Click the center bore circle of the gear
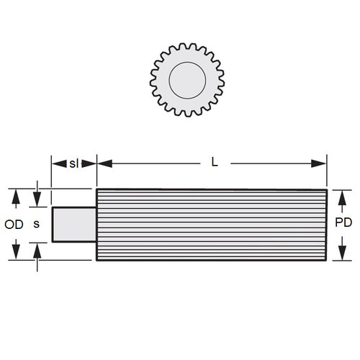(x=187, y=78)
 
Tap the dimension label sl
(x=73, y=163)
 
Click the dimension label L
(x=214, y=163)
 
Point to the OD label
(x=14, y=224)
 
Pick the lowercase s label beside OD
(x=37, y=224)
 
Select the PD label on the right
(x=343, y=223)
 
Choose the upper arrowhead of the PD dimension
(x=343, y=196)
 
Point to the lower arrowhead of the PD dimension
(x=343, y=253)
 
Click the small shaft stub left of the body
(x=73, y=224)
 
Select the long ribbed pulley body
(x=212, y=224)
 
